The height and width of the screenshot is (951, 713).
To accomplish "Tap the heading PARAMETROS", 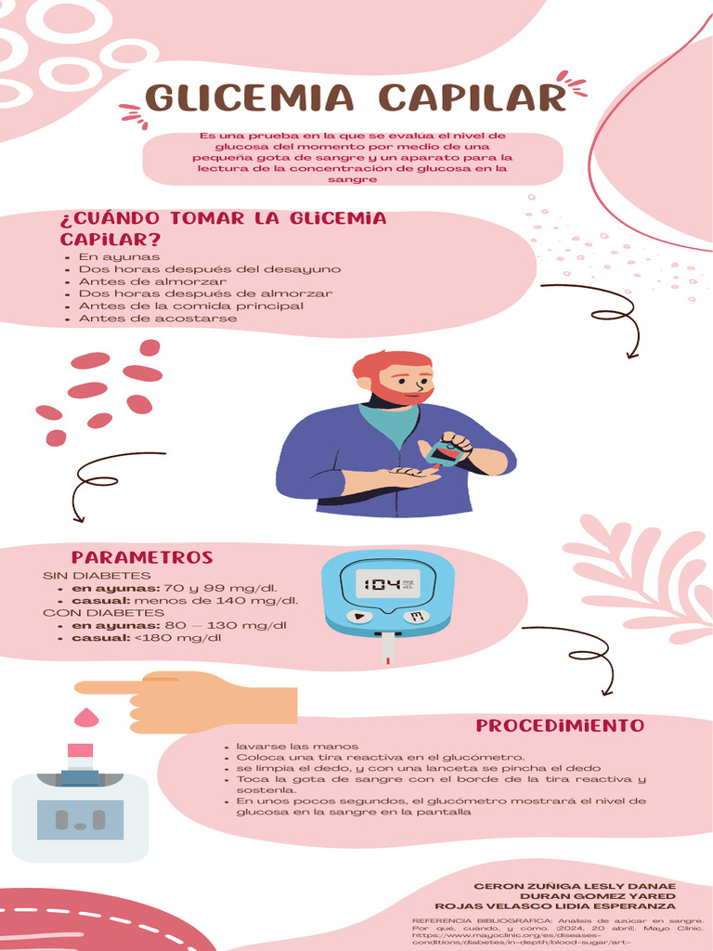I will pos(142,558).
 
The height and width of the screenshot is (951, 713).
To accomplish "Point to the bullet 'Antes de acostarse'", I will pos(158,318).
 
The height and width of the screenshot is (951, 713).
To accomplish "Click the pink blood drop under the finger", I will pos(86,717).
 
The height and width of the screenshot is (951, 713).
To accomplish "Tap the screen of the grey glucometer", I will pos(80,819).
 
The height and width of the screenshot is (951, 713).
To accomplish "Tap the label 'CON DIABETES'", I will pos(103,613).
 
